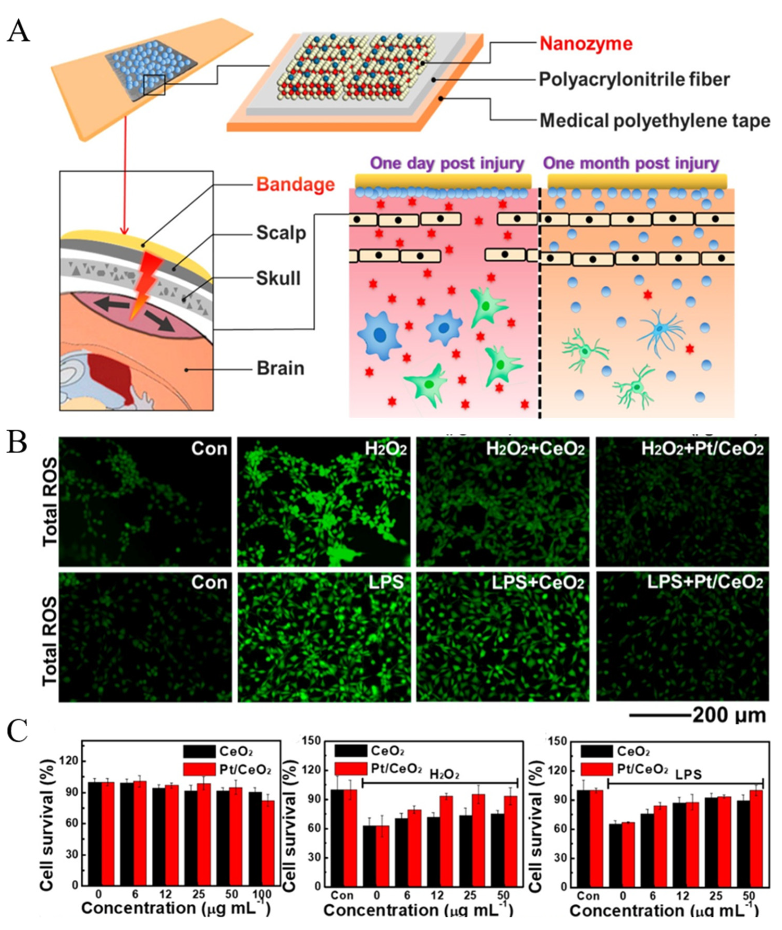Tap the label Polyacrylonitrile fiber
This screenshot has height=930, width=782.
click(634, 80)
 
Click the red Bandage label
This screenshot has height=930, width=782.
click(295, 184)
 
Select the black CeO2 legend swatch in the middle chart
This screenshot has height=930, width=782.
click(350, 751)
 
